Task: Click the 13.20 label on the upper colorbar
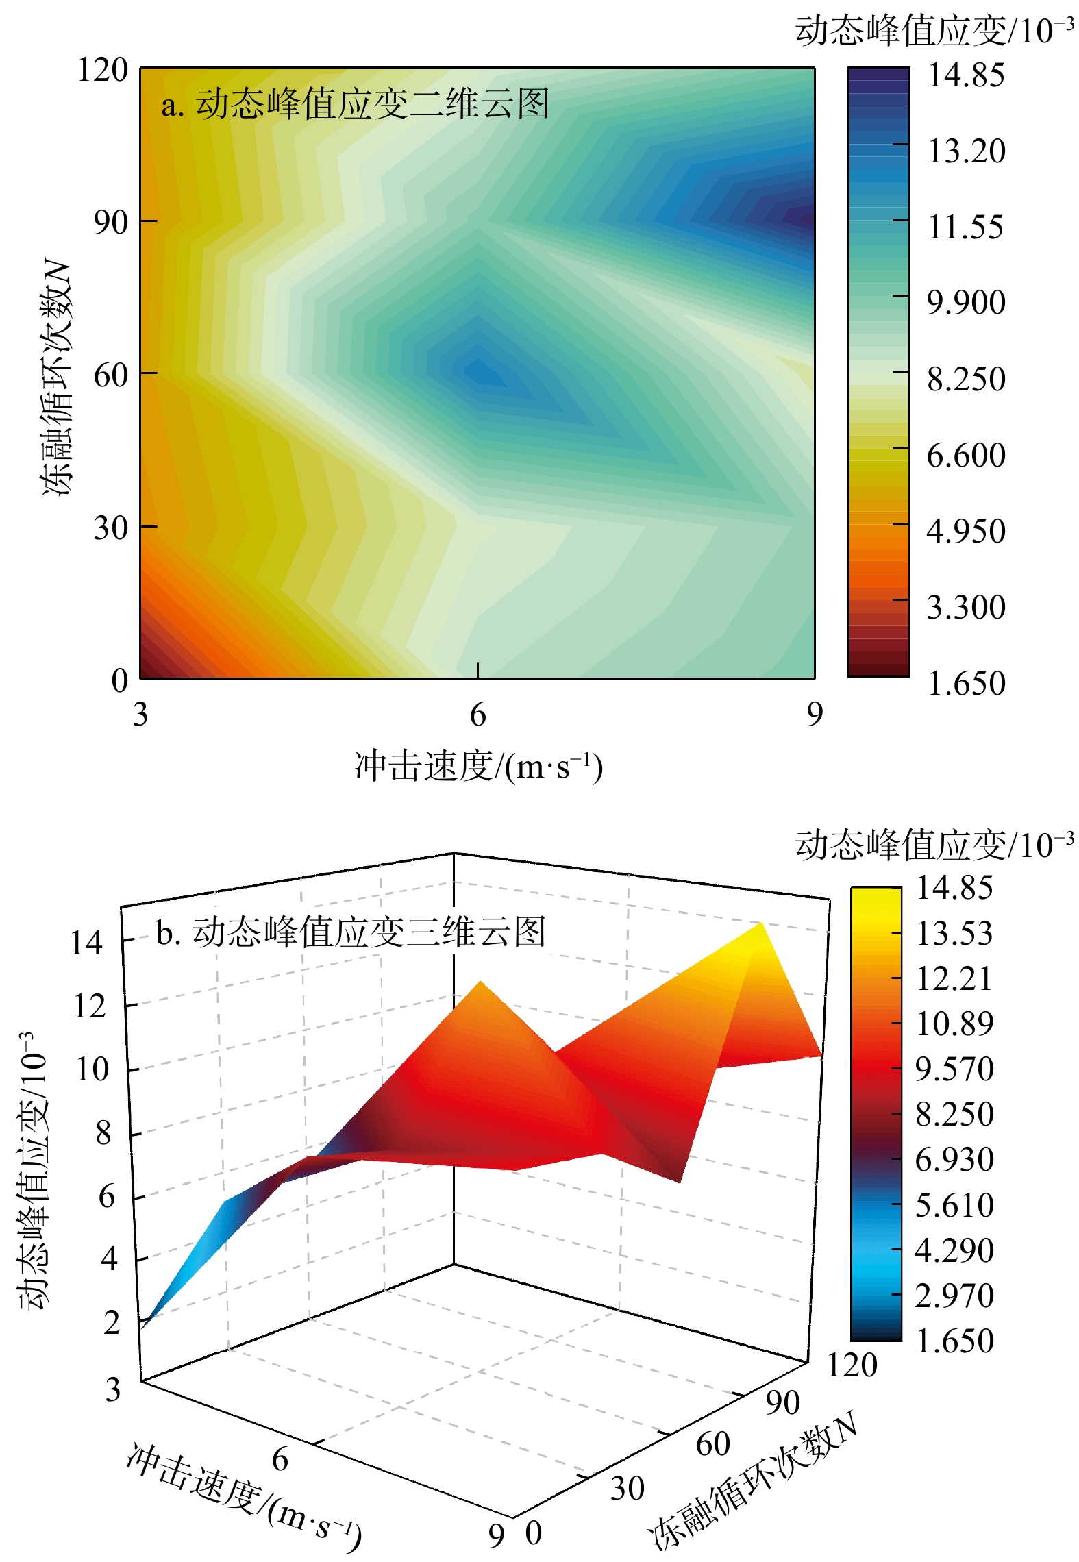pos(965,151)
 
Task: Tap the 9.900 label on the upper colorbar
pos(965,303)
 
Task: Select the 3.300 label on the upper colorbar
pos(965,607)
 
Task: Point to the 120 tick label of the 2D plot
pos(103,70)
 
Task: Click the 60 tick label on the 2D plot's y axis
pos(111,375)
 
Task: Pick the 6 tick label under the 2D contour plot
pos(478,715)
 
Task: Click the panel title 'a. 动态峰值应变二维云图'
pos(355,105)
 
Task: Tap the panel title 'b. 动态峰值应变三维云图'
pos(350,932)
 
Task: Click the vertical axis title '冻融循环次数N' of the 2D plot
pos(56,375)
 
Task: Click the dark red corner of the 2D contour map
pos(148,669)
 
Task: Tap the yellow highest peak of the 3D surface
pos(759,929)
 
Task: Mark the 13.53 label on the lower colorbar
pos(954,933)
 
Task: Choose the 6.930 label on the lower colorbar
pos(954,1159)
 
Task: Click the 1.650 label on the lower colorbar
pos(954,1340)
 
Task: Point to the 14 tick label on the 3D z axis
pos(86,944)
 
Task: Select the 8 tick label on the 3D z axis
pos(103,1134)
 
